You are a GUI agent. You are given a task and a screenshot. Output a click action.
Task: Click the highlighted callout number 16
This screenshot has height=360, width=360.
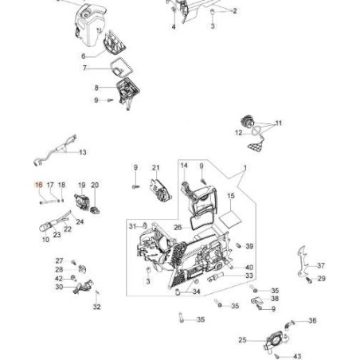39,185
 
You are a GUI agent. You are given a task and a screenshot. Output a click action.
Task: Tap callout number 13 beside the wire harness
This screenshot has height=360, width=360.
83,152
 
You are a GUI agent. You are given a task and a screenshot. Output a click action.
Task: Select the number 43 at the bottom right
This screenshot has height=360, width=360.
297,356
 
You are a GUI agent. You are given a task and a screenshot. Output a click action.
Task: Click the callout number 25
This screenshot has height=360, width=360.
242,340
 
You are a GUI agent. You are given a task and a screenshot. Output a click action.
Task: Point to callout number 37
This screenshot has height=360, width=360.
321,265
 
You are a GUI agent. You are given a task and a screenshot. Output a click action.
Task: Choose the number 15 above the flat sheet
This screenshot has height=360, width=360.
231,196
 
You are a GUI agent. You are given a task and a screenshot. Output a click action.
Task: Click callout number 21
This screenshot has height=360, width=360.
156,168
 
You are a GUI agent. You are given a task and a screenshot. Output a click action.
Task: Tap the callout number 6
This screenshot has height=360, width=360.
84,57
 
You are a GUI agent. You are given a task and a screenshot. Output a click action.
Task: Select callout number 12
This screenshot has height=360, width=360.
239,132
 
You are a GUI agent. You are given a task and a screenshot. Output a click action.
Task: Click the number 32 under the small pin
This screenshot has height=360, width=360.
97,307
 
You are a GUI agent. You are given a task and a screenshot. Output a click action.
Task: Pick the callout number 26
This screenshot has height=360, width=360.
178,227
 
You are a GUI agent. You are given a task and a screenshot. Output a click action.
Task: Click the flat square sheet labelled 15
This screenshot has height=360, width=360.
230,219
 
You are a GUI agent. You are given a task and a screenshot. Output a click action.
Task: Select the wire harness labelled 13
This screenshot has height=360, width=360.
57,150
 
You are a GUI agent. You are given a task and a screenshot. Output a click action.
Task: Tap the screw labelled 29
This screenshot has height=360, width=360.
308,280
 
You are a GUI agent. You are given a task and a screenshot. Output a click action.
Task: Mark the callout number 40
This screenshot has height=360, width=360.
249,268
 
